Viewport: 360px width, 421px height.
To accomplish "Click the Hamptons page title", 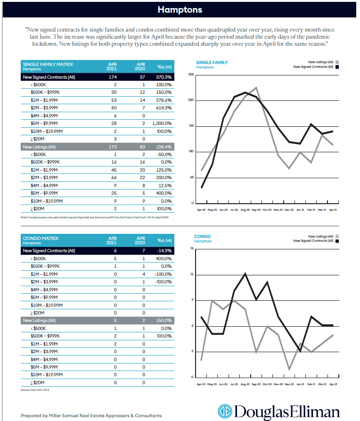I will (180, 10).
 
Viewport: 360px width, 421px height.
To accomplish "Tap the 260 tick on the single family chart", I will (191, 100).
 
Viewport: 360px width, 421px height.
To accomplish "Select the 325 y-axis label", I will (191, 74).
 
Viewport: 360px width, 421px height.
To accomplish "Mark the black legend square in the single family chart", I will (337, 67).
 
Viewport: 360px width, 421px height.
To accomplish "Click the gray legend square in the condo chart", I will (337, 236).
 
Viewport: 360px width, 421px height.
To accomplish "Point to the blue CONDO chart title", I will (203, 237).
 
